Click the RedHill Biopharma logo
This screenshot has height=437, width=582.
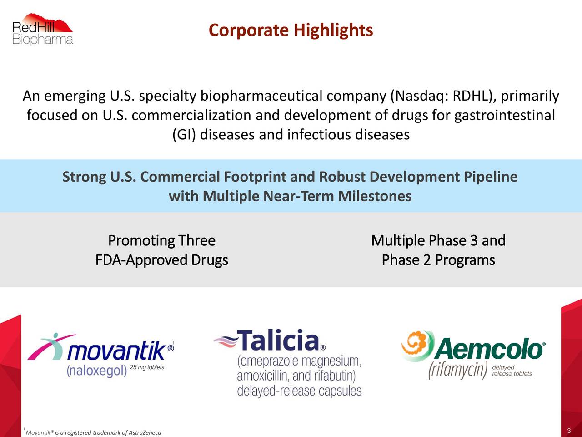[x=42, y=29]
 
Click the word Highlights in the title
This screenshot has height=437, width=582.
[x=333, y=30]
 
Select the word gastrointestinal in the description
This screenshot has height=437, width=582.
[x=505, y=116]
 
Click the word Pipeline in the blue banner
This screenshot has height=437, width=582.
[x=491, y=177]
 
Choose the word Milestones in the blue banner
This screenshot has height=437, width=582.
[x=375, y=196]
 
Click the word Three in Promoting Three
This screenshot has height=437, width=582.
[x=197, y=241]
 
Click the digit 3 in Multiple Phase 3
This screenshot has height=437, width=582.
[x=474, y=241]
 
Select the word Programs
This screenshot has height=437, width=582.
[x=465, y=260]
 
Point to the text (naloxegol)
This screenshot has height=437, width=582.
[x=97, y=371]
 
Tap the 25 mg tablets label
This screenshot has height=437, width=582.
[x=147, y=367]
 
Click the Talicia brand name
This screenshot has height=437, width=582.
[x=278, y=340]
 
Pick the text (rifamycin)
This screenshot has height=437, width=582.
[x=458, y=370]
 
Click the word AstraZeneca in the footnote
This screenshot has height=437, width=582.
[x=145, y=433]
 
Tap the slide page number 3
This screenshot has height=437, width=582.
[x=569, y=431]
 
